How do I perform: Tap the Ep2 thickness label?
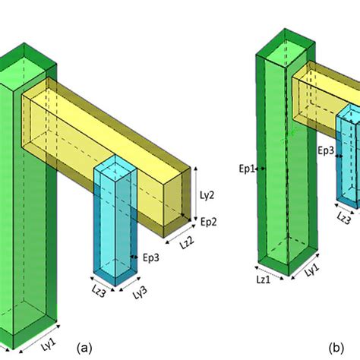(209, 221)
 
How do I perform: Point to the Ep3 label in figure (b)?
(326, 151)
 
